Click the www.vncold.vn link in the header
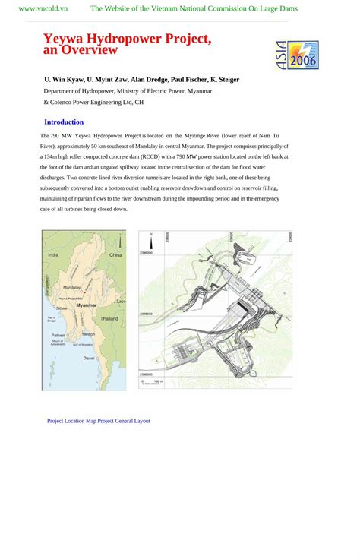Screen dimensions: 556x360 coord(43,8)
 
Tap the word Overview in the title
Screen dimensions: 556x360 coord(90,50)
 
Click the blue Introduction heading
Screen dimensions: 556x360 coord(64,122)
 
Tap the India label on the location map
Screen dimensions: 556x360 coord(53,255)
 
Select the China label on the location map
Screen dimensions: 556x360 coord(115,256)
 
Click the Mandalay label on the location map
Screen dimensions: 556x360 coord(72,289)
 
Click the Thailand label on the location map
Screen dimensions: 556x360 coord(109,319)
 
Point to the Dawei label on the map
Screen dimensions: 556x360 coord(89,357)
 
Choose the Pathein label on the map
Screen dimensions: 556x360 coord(58,334)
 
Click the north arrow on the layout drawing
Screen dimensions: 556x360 coord(151,242)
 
